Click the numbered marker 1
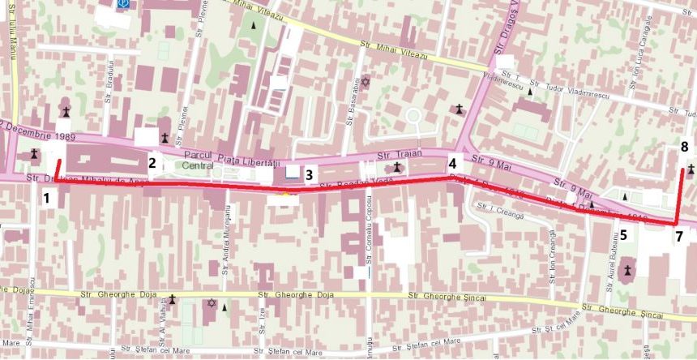pyautogui.click(x=47, y=197)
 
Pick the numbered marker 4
pyautogui.click(x=452, y=161)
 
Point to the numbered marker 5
pyautogui.click(x=623, y=235)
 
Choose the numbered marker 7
pyautogui.click(x=678, y=236)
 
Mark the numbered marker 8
pyautogui.click(x=685, y=148)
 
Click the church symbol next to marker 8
pyautogui.click(x=690, y=169)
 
